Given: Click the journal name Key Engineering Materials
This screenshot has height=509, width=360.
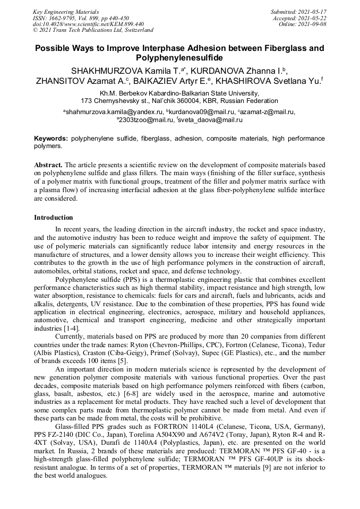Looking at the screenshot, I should pos(66,11).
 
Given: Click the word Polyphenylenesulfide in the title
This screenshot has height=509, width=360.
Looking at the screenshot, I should pos(179,58).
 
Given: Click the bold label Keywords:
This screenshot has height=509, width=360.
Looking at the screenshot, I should pos(51,138).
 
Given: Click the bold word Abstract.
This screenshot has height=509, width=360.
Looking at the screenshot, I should pos(48,165).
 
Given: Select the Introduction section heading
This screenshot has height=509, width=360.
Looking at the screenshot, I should pos(54,218).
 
